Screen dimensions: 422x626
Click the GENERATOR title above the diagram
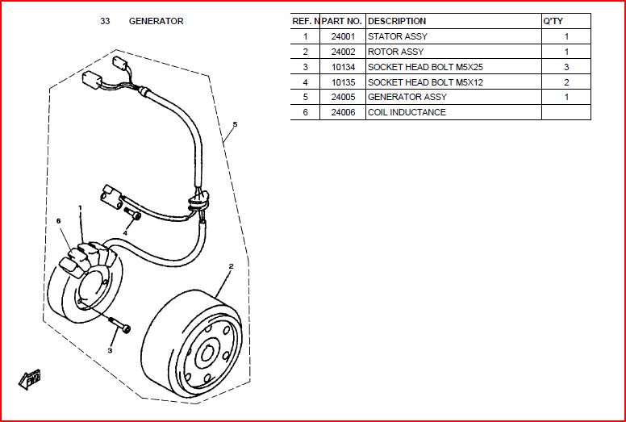(x=156, y=21)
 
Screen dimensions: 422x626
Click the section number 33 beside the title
(x=105, y=21)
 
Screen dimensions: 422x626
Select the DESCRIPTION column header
(x=397, y=21)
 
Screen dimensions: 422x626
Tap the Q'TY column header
(x=553, y=21)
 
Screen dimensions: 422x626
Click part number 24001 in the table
(x=343, y=36)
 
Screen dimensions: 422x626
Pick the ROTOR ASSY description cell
(x=395, y=52)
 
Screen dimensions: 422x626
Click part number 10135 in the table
(x=343, y=82)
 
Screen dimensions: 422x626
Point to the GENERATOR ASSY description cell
(x=407, y=97)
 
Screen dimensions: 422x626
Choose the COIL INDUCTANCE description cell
(x=407, y=112)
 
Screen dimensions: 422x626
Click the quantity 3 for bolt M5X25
(x=566, y=67)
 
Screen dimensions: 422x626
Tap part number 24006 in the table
(x=343, y=112)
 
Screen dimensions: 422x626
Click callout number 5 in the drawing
(x=235, y=124)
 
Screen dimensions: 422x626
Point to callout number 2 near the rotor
(x=231, y=265)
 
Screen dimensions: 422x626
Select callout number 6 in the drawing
(x=59, y=221)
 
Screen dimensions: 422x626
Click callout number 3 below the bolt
(x=111, y=350)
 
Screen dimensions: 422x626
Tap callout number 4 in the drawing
(x=125, y=232)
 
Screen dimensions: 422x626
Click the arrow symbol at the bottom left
(x=30, y=378)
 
